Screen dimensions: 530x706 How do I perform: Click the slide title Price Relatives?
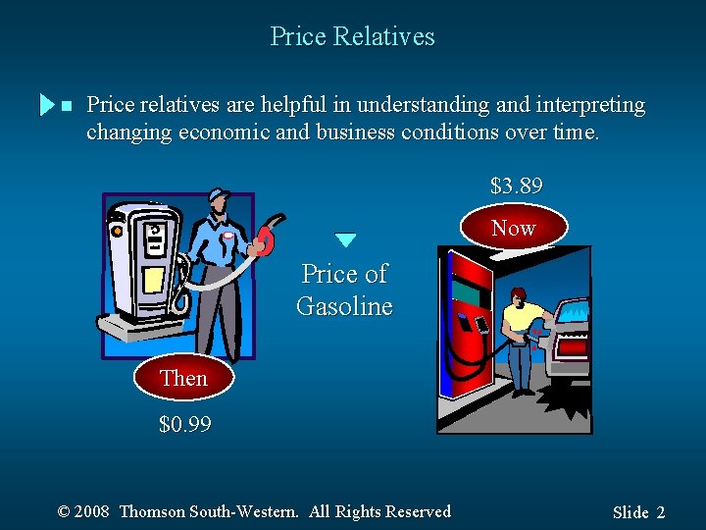(352, 37)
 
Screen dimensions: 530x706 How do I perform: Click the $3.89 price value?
(516, 185)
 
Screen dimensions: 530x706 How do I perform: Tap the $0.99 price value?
(184, 425)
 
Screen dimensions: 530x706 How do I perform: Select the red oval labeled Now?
(514, 228)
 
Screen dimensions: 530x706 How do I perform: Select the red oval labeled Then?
(183, 378)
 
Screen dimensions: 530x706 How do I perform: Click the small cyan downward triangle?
(345, 239)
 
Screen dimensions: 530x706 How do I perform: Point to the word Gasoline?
(344, 306)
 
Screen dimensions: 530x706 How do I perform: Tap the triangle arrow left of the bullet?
(45, 105)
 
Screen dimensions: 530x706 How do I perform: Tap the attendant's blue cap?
(218, 194)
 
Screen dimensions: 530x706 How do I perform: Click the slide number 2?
(661, 512)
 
